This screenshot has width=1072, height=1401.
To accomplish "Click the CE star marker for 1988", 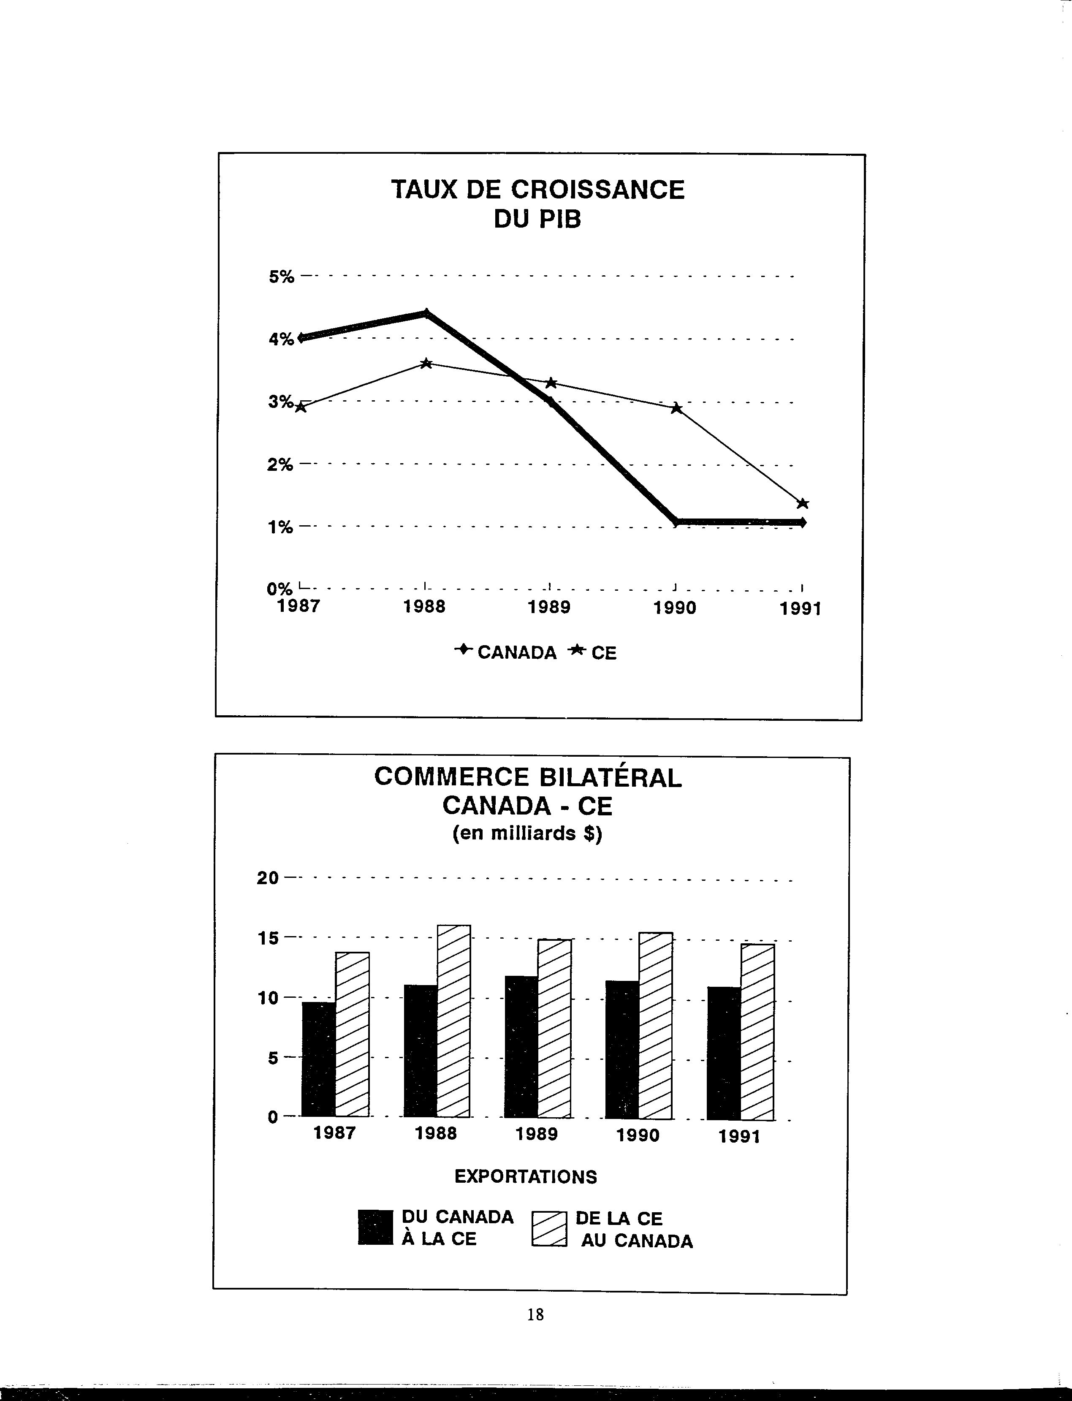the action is (x=427, y=364).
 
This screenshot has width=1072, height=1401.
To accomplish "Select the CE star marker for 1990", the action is (x=677, y=408).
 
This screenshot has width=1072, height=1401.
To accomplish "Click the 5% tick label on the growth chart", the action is (x=281, y=277).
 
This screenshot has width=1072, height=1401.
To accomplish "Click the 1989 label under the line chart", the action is (x=549, y=607).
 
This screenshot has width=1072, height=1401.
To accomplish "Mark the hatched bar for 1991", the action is (x=757, y=1032).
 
